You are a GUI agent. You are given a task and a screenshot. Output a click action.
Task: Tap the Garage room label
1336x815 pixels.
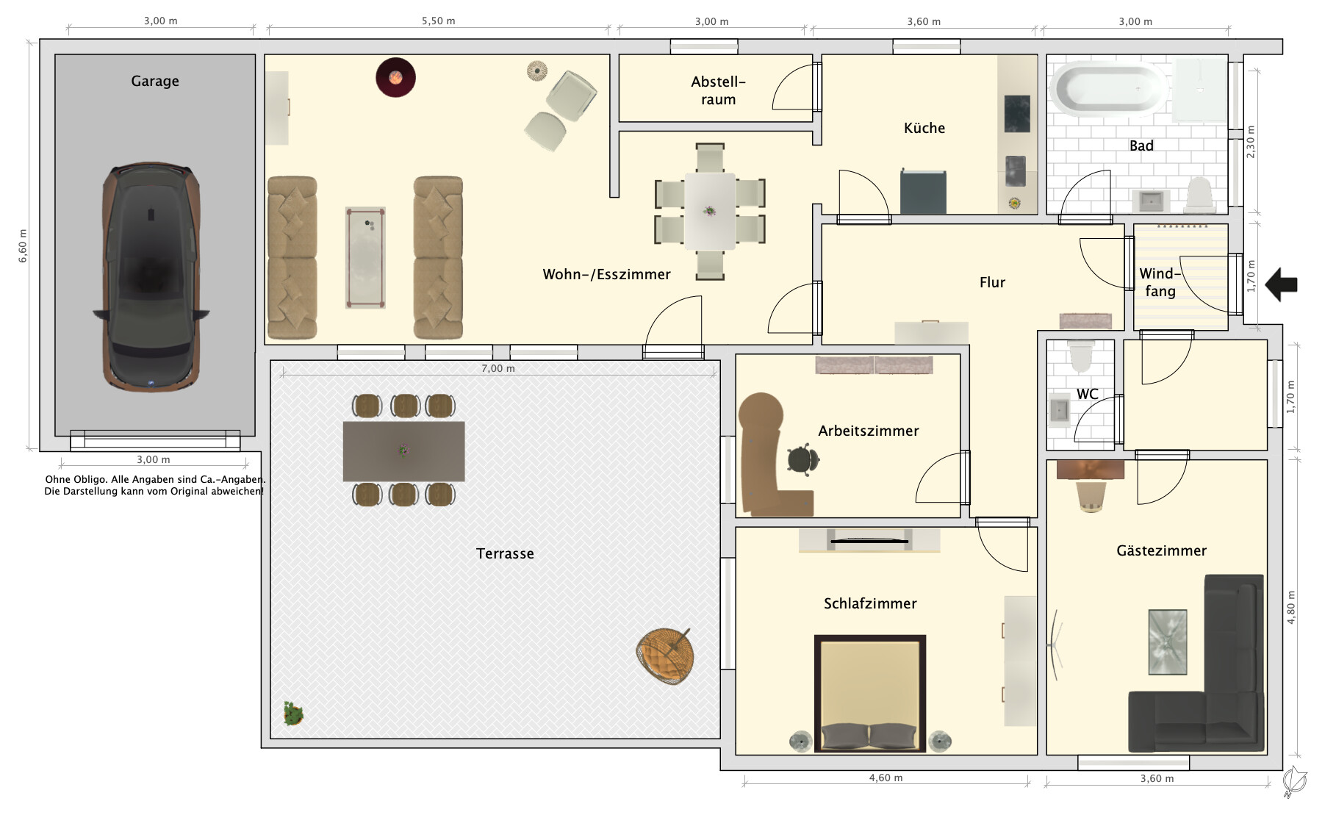pos(155,81)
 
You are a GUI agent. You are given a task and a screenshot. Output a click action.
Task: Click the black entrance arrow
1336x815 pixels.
pos(1282,284)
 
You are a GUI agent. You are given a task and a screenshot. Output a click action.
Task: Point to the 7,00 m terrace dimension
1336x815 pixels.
pos(498,368)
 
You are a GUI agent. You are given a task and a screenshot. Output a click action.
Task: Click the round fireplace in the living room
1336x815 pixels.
pos(395,77)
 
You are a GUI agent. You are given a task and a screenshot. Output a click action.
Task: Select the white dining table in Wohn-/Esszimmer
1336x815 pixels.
pos(710,211)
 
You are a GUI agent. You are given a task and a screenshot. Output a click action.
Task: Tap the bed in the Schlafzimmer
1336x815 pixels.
pos(870,693)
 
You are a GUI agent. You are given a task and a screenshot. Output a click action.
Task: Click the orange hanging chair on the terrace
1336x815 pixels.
pos(665,656)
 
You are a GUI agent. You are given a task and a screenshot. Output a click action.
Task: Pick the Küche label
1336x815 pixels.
pos(924,128)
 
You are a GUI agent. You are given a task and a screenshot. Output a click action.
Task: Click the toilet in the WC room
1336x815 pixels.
pos(1082,355)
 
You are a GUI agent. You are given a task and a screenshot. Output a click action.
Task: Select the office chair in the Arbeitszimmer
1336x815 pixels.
pos(802,460)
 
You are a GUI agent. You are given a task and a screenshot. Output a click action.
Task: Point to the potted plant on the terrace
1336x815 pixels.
pos(293,713)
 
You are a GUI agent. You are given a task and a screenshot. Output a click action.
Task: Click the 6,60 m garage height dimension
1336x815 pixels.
pos(23,245)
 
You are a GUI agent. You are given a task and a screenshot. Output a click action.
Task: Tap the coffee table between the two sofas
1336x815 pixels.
pos(365,257)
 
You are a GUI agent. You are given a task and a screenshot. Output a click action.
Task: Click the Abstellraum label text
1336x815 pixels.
pos(718,90)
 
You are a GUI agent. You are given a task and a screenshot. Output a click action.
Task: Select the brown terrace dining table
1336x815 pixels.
pos(403,451)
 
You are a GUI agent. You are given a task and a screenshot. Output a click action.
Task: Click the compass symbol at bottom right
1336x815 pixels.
pos(1294,780)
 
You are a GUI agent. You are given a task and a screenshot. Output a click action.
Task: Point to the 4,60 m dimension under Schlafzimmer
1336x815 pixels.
pos(886,778)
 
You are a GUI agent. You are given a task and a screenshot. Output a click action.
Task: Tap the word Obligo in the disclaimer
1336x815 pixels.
pos(90,479)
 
